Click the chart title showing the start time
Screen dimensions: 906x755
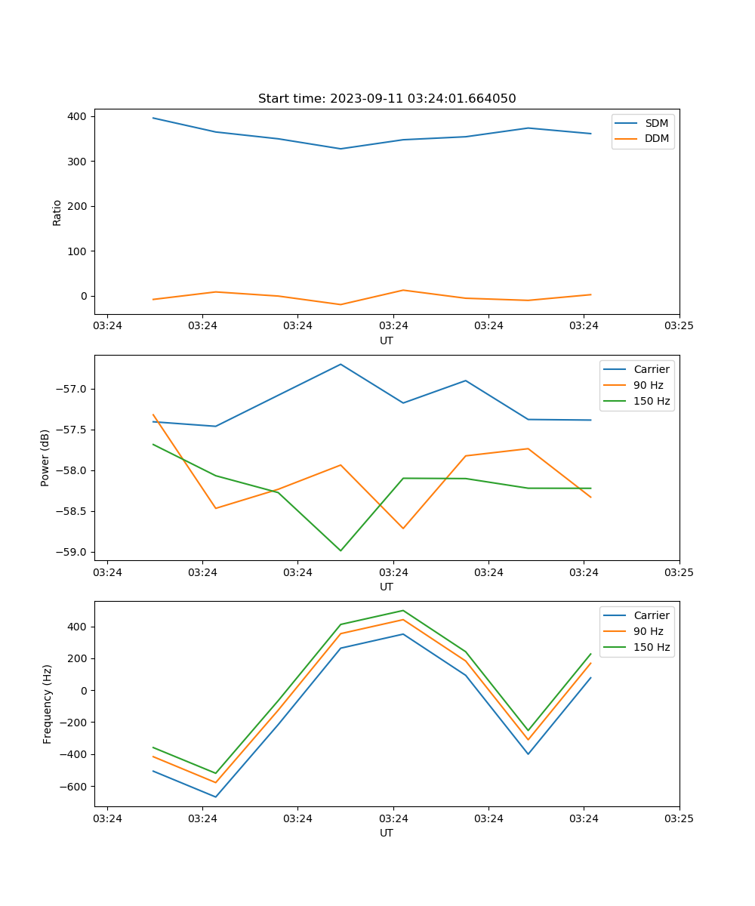(387, 99)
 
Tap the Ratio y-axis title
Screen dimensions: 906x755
(57, 212)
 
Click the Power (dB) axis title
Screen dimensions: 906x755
(45, 458)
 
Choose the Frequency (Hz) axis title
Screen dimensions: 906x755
(48, 704)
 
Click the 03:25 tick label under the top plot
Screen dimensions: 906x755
(679, 326)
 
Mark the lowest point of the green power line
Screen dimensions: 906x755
(341, 550)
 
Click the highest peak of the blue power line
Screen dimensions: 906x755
(341, 364)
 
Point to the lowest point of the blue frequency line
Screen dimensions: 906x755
(216, 797)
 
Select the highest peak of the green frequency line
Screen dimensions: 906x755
(403, 610)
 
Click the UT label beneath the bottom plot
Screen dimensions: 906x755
(387, 833)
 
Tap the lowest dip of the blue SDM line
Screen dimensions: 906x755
(341, 149)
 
